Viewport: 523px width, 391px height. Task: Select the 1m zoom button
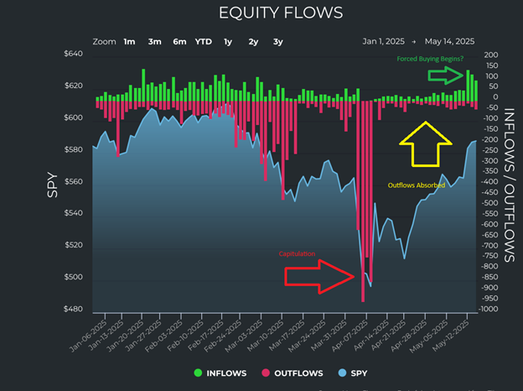[130, 41]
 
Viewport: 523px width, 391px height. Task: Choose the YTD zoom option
[204, 41]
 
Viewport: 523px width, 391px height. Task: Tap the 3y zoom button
[277, 41]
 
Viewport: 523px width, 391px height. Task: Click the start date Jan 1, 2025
[384, 41]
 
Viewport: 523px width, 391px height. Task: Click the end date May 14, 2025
[450, 41]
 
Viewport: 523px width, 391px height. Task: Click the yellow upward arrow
[424, 144]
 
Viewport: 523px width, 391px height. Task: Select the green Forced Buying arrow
[445, 76]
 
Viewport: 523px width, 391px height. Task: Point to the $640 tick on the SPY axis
[73, 55]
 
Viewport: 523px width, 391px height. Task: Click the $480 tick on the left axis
[73, 309]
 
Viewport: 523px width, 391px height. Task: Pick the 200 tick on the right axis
[492, 55]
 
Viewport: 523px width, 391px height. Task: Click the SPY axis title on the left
[51, 182]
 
